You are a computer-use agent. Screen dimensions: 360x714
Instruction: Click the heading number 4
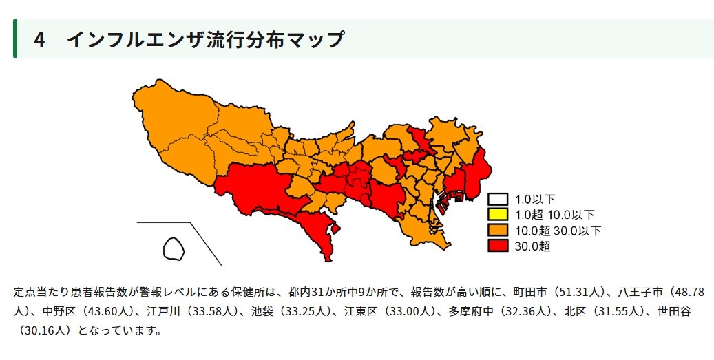pos(40,40)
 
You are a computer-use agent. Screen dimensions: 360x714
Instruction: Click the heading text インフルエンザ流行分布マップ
pos(204,40)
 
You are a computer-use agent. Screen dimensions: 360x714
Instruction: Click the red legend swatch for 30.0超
pos(498,246)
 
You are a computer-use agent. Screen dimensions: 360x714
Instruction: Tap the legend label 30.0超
pos(532,246)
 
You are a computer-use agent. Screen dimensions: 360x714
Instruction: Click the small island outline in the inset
pos(173,248)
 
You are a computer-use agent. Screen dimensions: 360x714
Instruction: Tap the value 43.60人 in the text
pos(106,310)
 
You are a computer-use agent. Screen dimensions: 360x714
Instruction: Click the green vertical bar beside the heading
pos(15,39)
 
